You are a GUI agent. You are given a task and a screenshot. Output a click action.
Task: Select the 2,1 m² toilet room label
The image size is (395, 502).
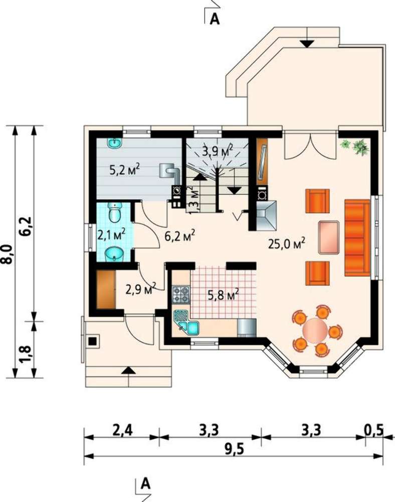(x=111, y=234)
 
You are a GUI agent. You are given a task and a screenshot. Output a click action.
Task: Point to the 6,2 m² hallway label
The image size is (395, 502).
(x=179, y=236)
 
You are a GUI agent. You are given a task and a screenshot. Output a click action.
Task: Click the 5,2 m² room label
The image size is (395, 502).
(x=125, y=169)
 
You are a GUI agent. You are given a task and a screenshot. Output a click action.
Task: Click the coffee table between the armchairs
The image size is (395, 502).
(x=328, y=237)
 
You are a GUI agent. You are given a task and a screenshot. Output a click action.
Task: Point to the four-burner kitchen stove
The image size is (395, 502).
(x=181, y=295)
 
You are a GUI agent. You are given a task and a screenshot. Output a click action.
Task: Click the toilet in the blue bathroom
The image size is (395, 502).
(x=114, y=212)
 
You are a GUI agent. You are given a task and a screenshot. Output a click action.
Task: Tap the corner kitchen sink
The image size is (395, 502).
(x=186, y=323)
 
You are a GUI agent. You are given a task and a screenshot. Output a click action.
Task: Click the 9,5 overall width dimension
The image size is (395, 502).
(x=234, y=449)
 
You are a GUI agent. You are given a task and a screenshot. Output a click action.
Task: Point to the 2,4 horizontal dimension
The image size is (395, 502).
(x=122, y=430)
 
